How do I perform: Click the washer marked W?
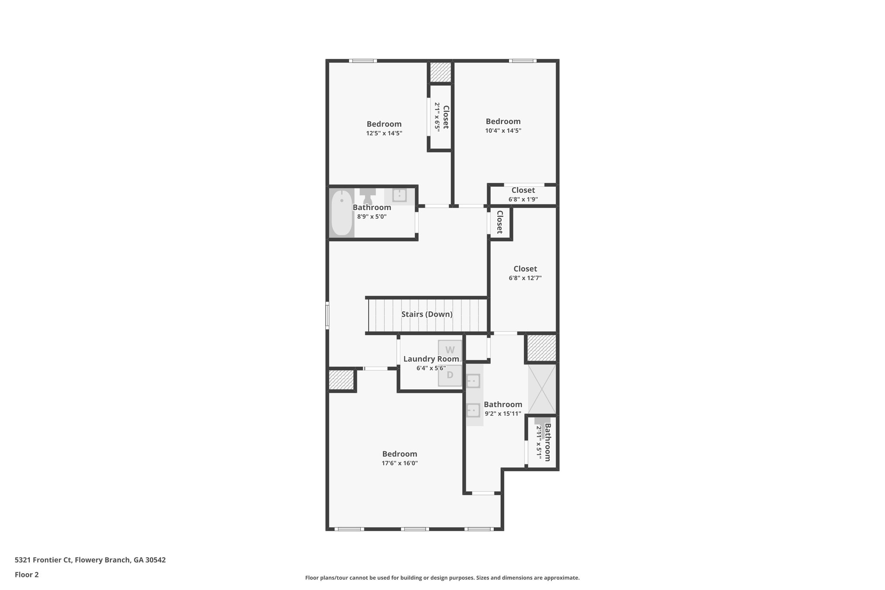pyautogui.click(x=450, y=350)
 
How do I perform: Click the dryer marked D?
pyautogui.click(x=450, y=375)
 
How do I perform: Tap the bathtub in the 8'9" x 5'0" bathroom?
pyautogui.click(x=342, y=213)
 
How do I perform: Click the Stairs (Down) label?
pyautogui.click(x=427, y=314)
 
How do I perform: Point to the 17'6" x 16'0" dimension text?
pyautogui.click(x=399, y=463)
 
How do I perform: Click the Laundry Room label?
pyautogui.click(x=431, y=359)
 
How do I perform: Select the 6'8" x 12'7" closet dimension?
pyautogui.click(x=525, y=278)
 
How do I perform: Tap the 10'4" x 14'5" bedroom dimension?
pyautogui.click(x=503, y=131)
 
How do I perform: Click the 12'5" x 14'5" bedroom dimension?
pyautogui.click(x=384, y=133)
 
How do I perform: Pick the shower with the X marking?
pyautogui.click(x=542, y=389)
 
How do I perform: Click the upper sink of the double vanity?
pyautogui.click(x=474, y=381)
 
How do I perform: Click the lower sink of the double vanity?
pyautogui.click(x=474, y=409)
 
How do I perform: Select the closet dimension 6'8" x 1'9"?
pyautogui.click(x=523, y=199)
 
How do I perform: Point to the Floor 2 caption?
pyautogui.click(x=27, y=574)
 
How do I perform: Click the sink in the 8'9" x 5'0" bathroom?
pyautogui.click(x=399, y=195)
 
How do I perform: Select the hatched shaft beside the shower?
pyautogui.click(x=541, y=348)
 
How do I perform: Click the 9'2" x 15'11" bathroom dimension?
pyautogui.click(x=503, y=414)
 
